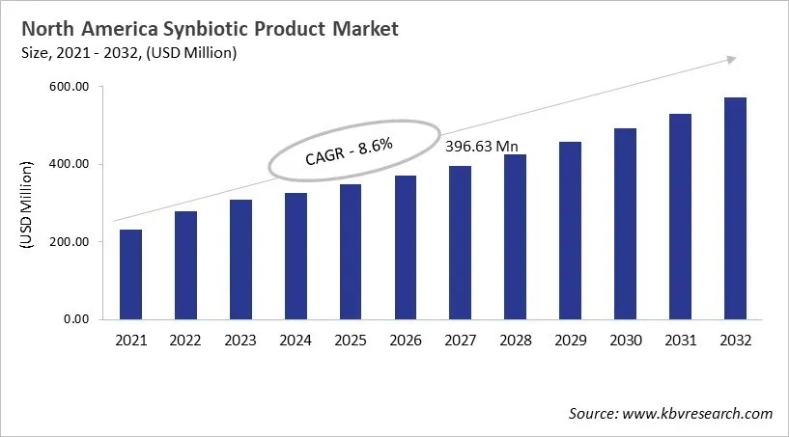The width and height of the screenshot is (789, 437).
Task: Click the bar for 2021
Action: click(x=130, y=274)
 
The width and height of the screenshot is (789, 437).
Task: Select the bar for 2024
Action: click(x=296, y=256)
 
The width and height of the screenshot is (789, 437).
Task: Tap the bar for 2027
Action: click(x=461, y=242)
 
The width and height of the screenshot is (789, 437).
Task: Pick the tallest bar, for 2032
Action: click(x=736, y=207)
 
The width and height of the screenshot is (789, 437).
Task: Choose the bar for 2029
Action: click(x=571, y=231)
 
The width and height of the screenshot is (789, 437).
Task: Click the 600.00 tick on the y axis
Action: click(x=69, y=87)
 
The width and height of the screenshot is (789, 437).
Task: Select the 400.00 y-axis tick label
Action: click(x=69, y=164)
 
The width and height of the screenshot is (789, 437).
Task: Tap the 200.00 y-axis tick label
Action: click(x=69, y=241)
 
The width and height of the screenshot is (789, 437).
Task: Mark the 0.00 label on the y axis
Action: click(x=75, y=318)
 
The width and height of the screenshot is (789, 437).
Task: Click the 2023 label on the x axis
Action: click(x=240, y=340)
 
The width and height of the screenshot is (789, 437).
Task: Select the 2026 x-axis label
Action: click(x=406, y=340)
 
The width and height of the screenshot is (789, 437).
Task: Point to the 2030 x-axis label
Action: click(x=626, y=340)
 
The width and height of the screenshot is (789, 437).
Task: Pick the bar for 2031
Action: click(x=681, y=216)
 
